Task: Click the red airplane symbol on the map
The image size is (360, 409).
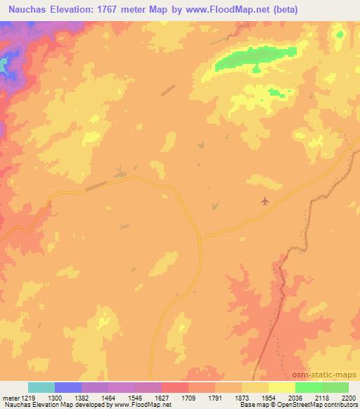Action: [264, 202]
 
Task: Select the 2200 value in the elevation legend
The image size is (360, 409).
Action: [349, 397]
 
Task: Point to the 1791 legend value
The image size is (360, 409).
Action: [215, 397]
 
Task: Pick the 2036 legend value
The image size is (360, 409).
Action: [295, 397]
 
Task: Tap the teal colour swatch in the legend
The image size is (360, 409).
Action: [41, 387]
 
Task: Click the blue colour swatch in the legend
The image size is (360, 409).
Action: [68, 387]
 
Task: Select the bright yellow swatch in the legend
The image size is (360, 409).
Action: [282, 387]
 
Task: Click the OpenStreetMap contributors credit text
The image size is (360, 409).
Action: [316, 405]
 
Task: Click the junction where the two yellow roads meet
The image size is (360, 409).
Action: [200, 239]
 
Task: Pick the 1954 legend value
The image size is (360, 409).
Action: [269, 397]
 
